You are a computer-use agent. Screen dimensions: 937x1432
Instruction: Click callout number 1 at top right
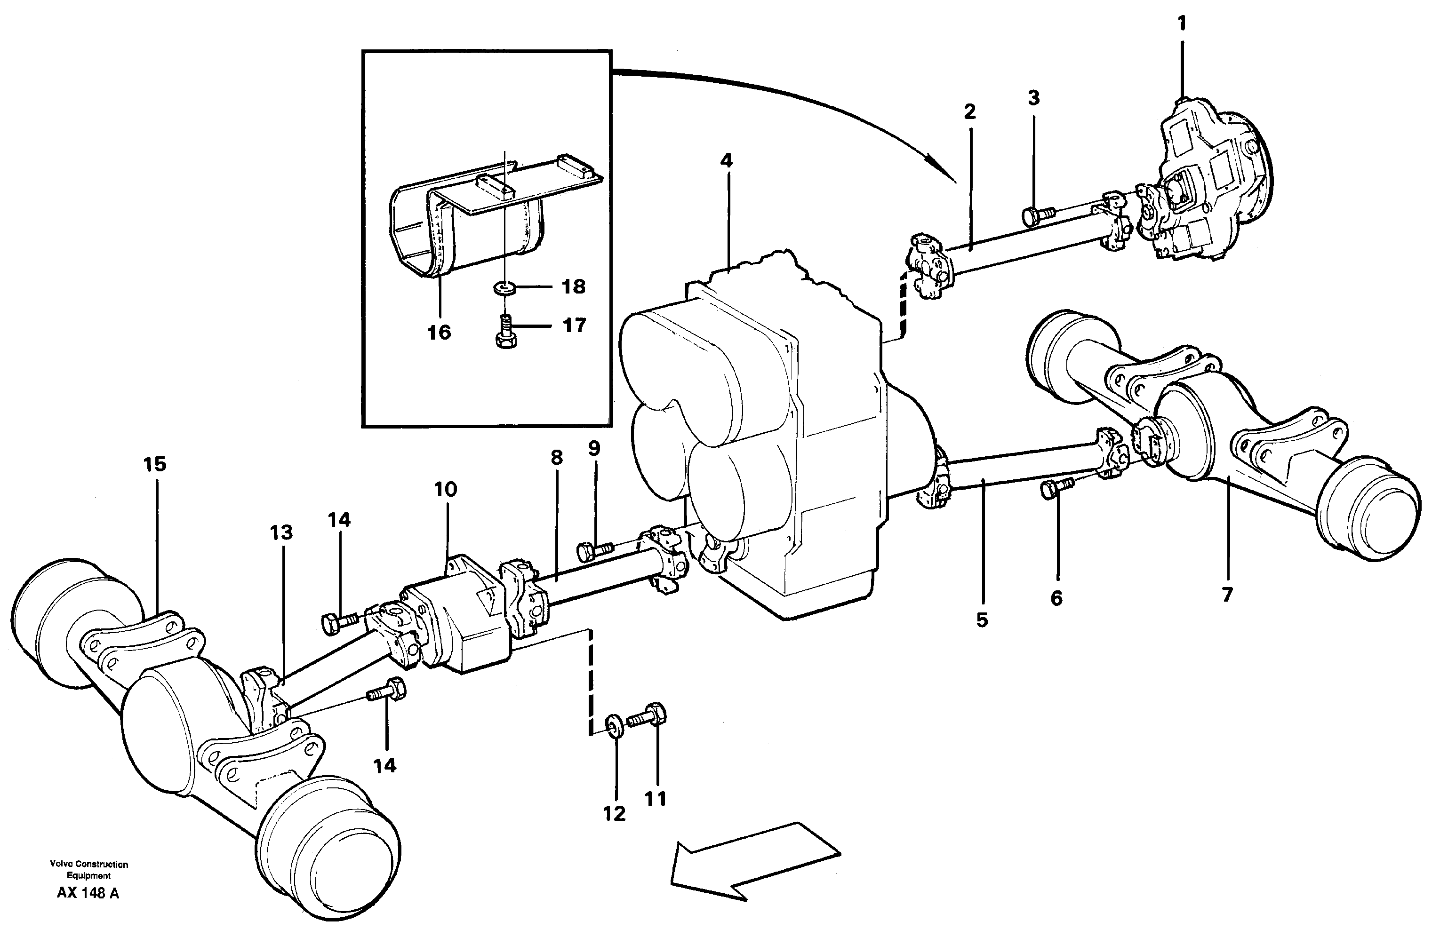pyautogui.click(x=1182, y=24)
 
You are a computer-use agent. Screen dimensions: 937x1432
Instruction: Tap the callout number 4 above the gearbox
pyautogui.click(x=727, y=160)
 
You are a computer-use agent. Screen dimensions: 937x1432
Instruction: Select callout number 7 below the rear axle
pyautogui.click(x=1227, y=594)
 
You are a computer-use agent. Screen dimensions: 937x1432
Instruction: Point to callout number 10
pyautogui.click(x=446, y=490)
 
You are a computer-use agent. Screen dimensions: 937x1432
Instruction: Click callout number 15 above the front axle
pyautogui.click(x=155, y=464)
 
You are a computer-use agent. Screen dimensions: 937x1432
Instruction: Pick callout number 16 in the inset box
pyautogui.click(x=439, y=332)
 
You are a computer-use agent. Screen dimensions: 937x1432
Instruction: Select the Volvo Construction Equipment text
pyautogui.click(x=89, y=870)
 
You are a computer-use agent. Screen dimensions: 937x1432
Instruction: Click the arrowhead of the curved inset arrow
pyautogui.click(x=942, y=172)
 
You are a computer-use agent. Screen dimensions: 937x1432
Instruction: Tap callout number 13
pyautogui.click(x=281, y=532)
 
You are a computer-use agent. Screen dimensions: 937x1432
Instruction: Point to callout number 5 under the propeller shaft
pyautogui.click(x=982, y=619)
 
